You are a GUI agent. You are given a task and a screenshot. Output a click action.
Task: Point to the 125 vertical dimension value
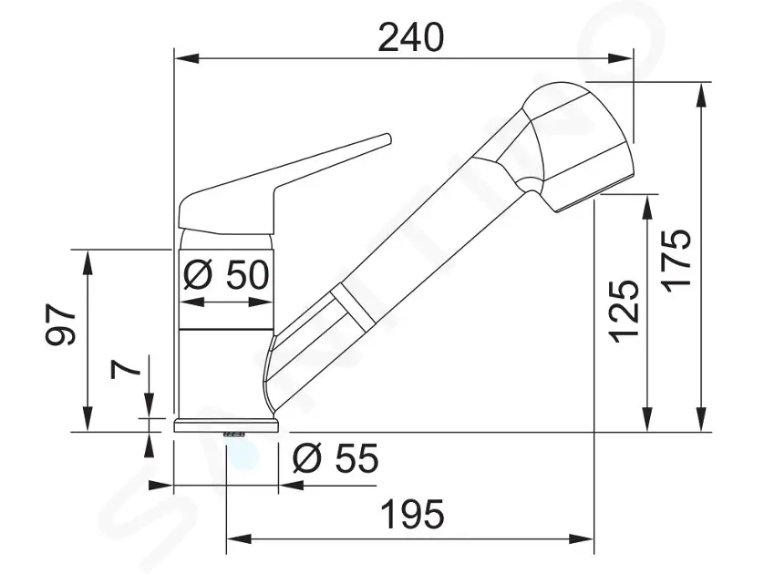624,310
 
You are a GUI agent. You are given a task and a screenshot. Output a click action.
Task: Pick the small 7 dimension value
128,367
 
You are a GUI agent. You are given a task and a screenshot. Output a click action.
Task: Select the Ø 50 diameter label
228,273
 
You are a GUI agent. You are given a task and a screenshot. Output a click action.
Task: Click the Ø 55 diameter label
336,458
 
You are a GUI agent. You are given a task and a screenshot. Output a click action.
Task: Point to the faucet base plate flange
226,425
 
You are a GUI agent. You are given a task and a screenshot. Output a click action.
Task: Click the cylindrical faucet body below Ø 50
226,369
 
